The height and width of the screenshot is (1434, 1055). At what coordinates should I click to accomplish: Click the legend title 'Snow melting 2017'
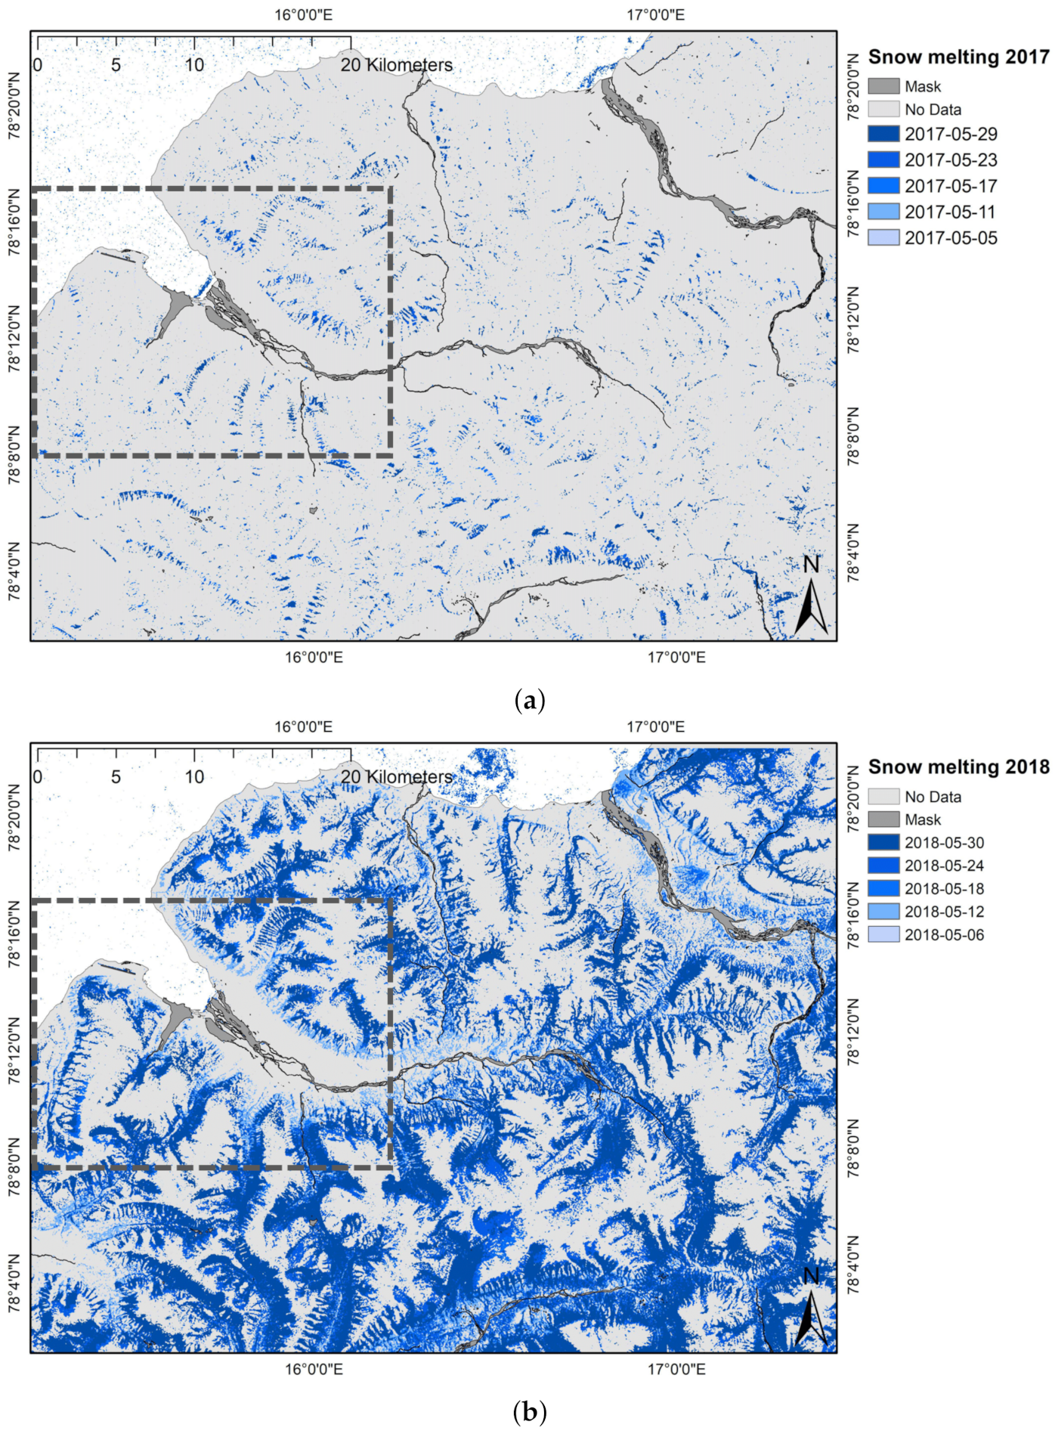(958, 57)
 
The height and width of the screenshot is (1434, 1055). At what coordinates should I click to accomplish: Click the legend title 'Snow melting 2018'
(958, 767)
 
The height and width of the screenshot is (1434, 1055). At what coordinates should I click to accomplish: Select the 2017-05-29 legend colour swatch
(883, 134)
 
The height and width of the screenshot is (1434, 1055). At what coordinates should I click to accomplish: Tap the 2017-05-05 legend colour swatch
(883, 237)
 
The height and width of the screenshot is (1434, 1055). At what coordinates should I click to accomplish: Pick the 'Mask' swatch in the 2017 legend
(883, 86)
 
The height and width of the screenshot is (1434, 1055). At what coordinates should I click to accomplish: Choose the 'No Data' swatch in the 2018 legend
(883, 796)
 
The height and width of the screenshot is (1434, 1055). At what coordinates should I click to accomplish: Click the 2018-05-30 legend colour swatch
(883, 842)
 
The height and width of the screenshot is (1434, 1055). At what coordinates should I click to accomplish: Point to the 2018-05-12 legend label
(944, 912)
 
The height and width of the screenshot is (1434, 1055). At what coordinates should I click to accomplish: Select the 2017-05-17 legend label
(951, 186)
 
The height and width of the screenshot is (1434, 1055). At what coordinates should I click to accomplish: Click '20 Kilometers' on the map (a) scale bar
(396, 65)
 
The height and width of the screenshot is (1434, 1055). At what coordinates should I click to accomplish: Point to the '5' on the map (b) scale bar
(116, 776)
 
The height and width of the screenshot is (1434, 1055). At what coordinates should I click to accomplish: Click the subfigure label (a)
(528, 700)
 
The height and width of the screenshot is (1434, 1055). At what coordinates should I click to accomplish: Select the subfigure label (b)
(528, 1411)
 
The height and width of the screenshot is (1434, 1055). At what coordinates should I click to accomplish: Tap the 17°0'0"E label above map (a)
(655, 14)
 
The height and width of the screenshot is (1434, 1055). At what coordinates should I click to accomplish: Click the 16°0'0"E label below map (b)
(313, 1369)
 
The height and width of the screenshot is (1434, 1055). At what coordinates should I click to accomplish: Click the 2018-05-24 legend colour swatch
(883, 866)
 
